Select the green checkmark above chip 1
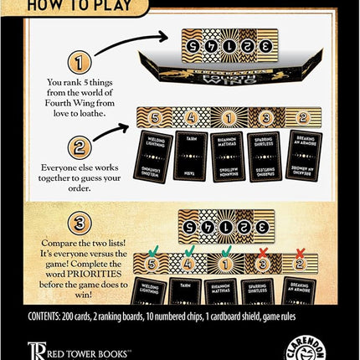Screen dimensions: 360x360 pyautogui.click(x=227, y=249)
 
